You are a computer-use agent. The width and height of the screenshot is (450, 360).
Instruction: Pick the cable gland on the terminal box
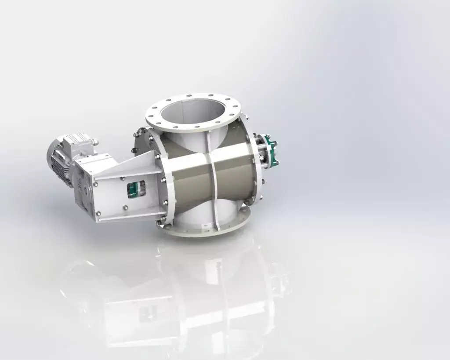(x=94, y=142)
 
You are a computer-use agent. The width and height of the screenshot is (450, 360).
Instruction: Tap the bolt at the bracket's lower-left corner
(x=98, y=214)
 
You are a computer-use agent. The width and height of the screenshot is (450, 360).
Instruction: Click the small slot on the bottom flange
(x=203, y=226)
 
